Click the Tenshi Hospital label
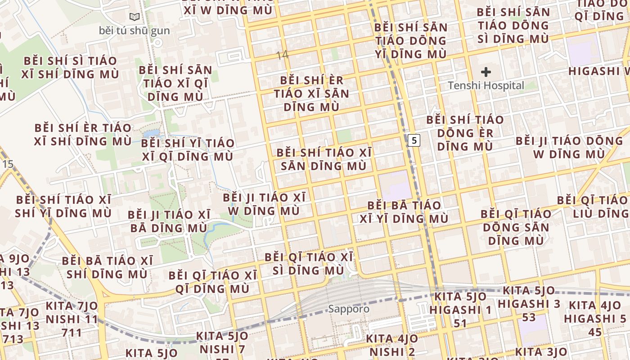pos(486,85)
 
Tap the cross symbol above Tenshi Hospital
pos(486,72)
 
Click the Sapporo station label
pos(348,309)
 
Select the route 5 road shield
pos(414,140)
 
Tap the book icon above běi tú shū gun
pos(134,17)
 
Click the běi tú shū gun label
pos(134,31)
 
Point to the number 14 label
pos(282,55)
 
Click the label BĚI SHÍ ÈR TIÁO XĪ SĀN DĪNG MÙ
pos(311,94)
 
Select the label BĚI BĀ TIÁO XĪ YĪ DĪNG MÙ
pos(404,212)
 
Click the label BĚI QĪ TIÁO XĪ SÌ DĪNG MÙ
pos(309,264)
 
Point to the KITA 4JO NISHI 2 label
pos(391,345)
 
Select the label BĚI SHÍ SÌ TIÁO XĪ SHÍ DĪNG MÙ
pos(71,67)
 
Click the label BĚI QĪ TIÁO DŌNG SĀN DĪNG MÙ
pos(516,227)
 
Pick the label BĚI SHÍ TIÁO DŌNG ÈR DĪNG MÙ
pos(465,133)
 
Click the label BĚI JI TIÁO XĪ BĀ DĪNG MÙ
pos(169,221)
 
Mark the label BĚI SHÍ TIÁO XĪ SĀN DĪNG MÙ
pos(324,159)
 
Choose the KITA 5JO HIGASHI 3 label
pos(529,304)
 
